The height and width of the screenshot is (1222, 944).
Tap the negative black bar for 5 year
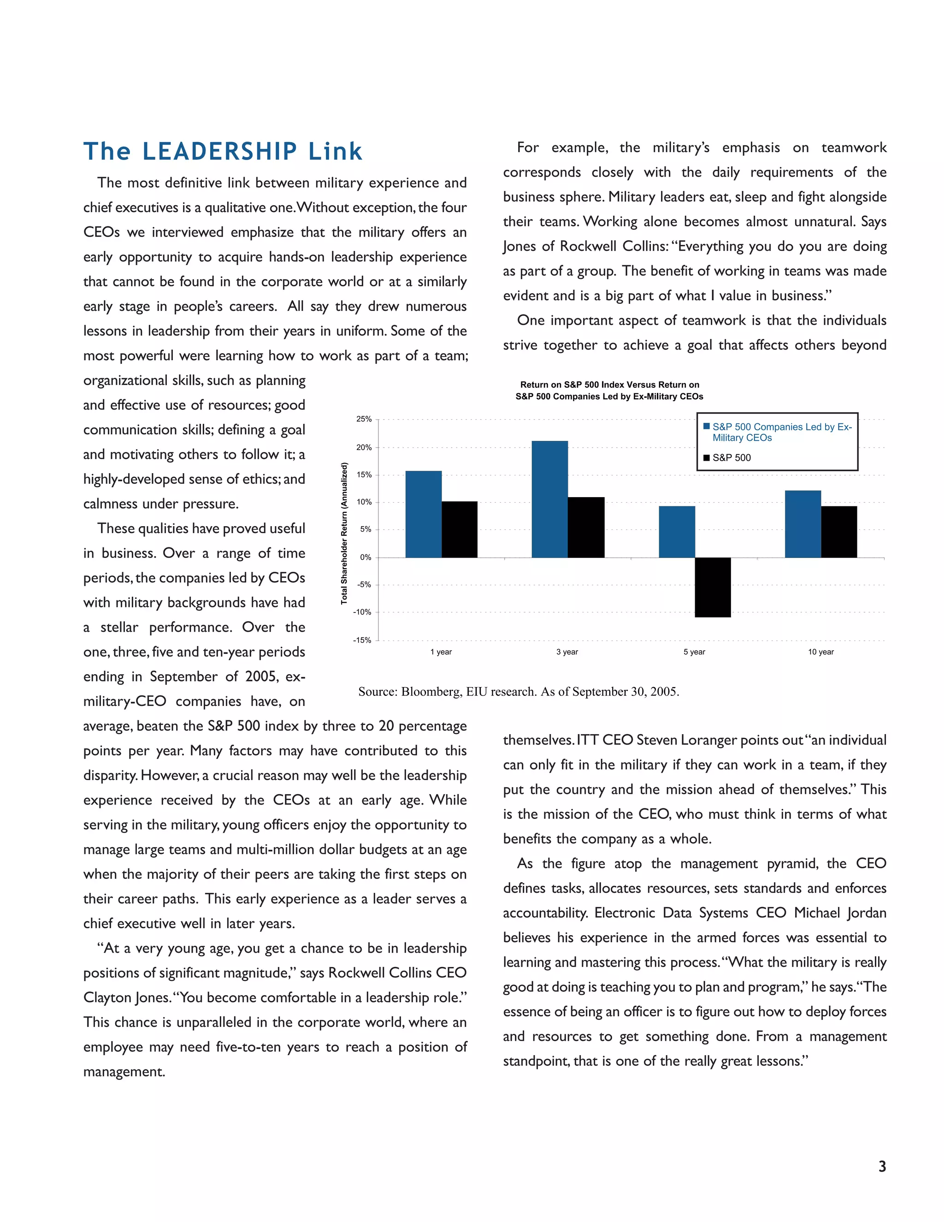pos(713,587)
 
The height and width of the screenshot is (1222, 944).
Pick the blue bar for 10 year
pos(802,524)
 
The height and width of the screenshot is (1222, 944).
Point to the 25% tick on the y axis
pos(364,419)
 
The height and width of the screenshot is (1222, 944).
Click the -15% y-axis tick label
pos(362,640)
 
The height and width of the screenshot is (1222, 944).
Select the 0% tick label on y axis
pos(365,558)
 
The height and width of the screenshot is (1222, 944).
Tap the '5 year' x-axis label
pos(694,652)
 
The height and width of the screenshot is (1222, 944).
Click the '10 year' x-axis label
pos(820,652)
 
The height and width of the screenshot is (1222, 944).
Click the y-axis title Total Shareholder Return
pos(344,533)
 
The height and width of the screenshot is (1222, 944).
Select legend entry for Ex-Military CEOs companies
pos(781,432)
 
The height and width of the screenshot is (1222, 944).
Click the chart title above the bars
pos(609,391)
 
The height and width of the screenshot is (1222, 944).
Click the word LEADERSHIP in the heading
pos(220,152)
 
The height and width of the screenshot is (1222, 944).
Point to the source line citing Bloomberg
pos(519,692)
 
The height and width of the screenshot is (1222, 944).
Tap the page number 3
pos(882,1167)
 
